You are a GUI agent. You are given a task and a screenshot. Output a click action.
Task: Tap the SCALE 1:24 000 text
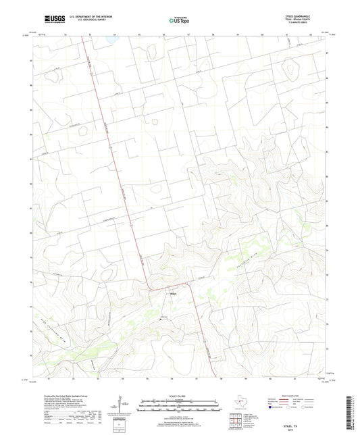179,396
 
